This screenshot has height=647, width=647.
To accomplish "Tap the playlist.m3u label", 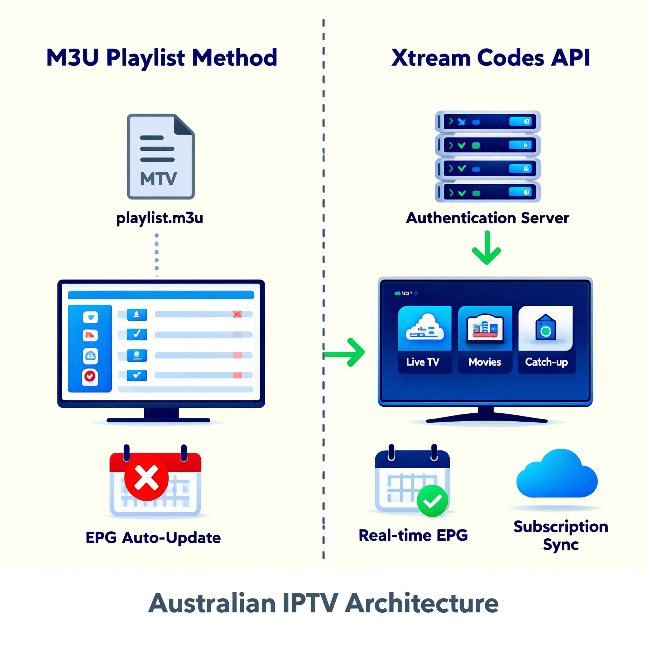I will (x=160, y=218).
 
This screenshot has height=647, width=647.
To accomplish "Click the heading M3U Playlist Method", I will (x=162, y=58).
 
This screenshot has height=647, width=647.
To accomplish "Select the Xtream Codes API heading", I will (x=490, y=58).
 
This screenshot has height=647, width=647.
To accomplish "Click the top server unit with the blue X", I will (x=488, y=122).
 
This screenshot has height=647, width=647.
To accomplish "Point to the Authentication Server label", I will (x=487, y=218).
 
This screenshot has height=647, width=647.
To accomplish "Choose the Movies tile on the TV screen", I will (x=485, y=339).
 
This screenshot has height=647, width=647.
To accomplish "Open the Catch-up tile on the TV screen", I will (x=546, y=339).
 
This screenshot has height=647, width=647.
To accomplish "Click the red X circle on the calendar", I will (x=146, y=478).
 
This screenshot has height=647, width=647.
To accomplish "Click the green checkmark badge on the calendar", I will (x=432, y=501).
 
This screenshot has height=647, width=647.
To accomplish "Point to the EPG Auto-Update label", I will (x=153, y=538).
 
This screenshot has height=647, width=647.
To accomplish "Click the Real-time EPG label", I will (x=413, y=535).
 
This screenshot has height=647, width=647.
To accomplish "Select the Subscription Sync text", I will (x=561, y=535).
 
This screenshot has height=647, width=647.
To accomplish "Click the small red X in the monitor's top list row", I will (x=237, y=314).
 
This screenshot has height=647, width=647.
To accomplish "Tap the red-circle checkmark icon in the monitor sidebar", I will (x=90, y=376).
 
